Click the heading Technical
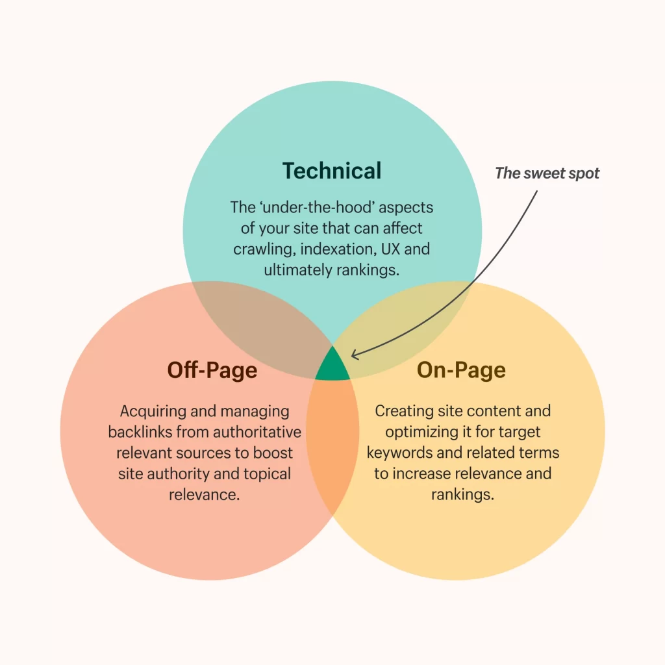(x=332, y=171)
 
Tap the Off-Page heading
(x=212, y=370)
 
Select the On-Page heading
(x=462, y=370)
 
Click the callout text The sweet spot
(x=547, y=173)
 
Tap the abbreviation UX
(x=390, y=249)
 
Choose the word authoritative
(x=257, y=432)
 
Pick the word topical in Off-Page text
(x=267, y=474)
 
